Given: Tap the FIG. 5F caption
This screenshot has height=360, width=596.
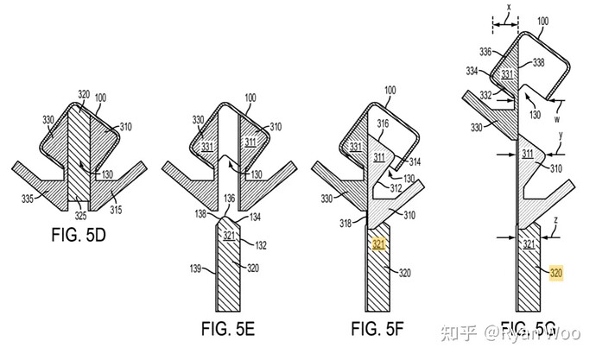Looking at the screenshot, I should click(x=384, y=328).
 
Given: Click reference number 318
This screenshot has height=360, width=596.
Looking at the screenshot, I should click(x=346, y=224).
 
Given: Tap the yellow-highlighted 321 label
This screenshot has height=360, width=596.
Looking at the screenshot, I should click(x=378, y=244).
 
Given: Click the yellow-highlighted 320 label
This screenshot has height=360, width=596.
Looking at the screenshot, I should click(x=557, y=273).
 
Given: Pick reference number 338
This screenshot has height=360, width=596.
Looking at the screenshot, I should click(x=562, y=62).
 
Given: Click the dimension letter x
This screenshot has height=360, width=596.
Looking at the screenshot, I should click(x=509, y=6).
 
